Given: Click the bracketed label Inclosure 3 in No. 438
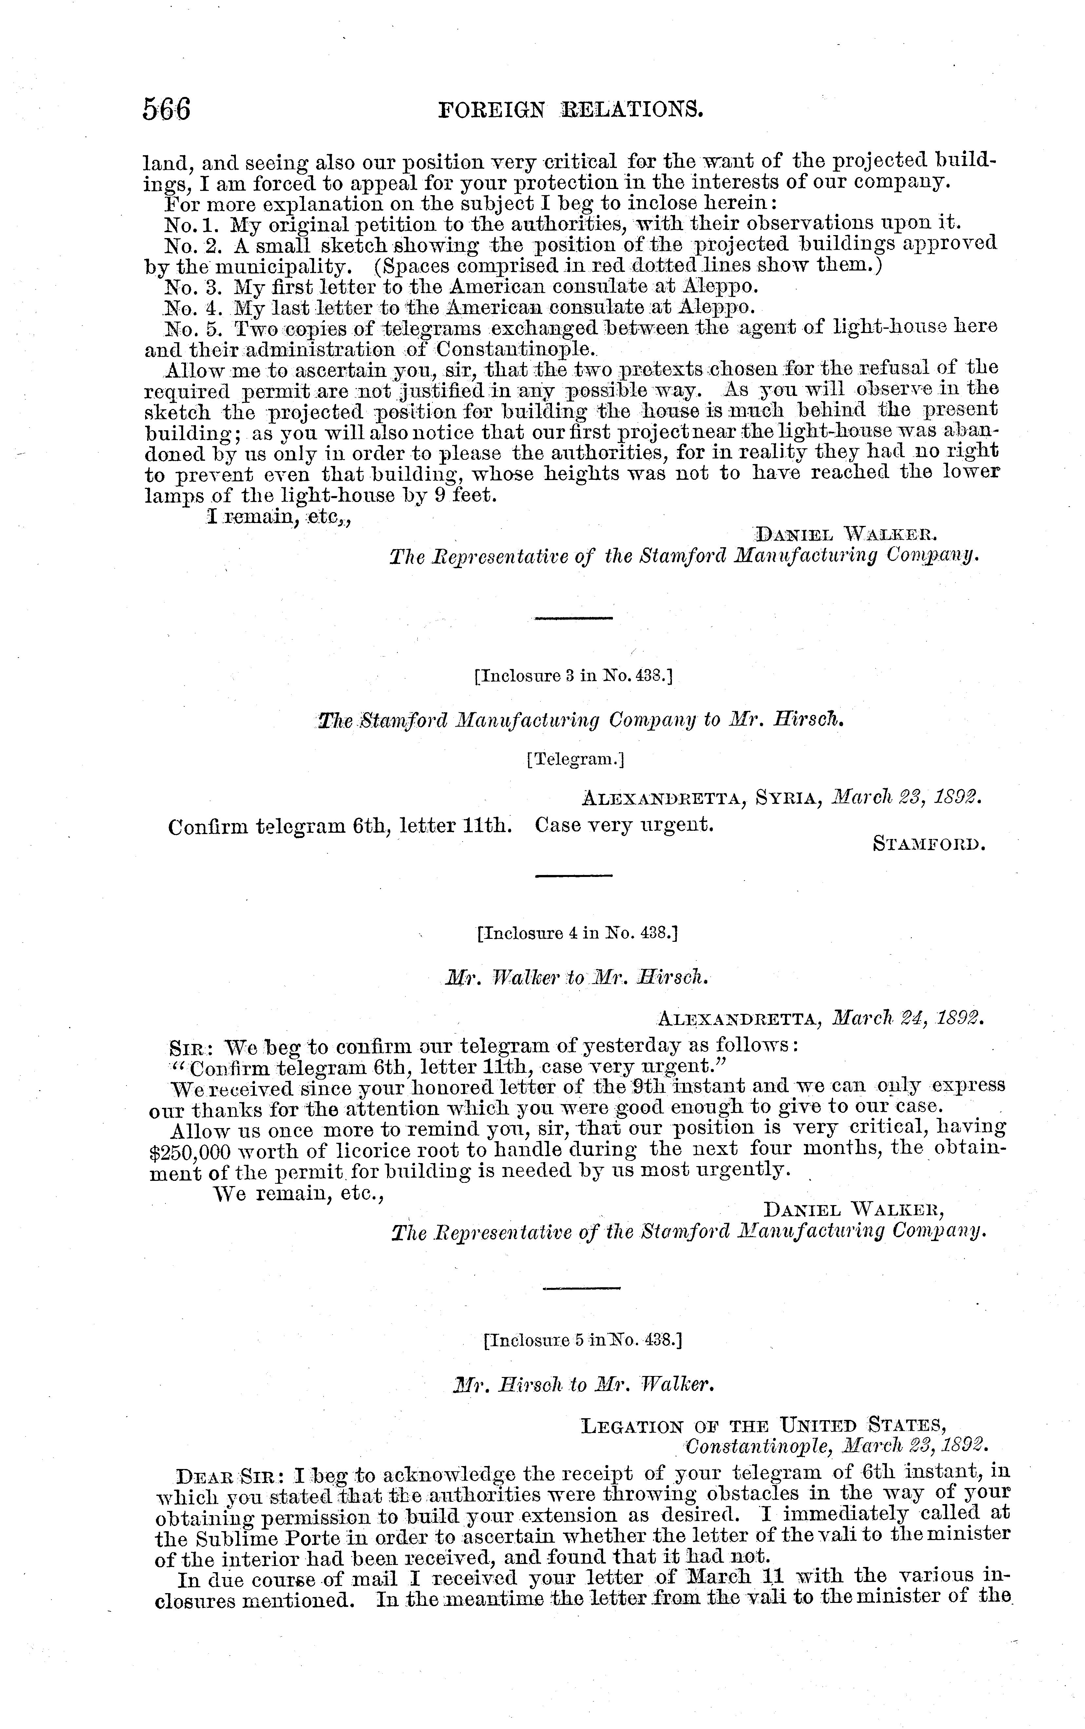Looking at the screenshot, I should point(573,676).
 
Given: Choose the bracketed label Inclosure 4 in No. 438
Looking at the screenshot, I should point(577,933).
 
